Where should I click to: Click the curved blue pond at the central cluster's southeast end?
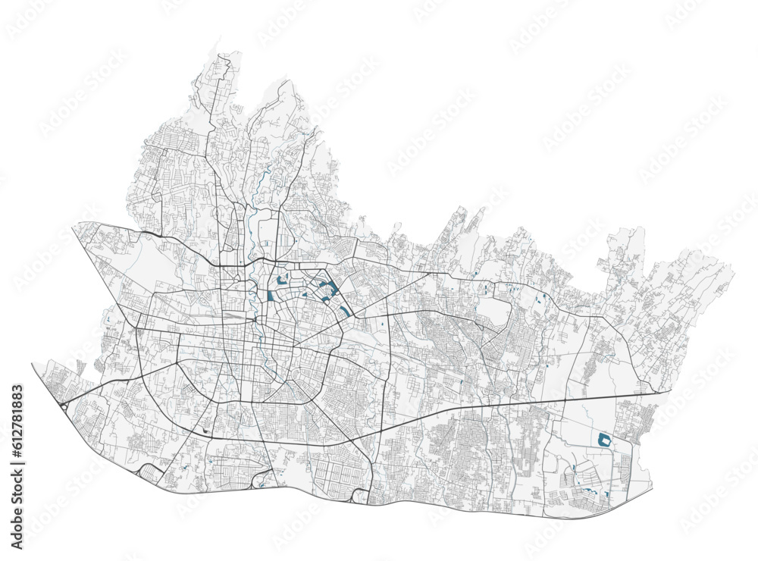[345, 311]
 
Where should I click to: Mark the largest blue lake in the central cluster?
[329, 289]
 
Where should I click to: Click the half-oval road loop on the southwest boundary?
[148, 473]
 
